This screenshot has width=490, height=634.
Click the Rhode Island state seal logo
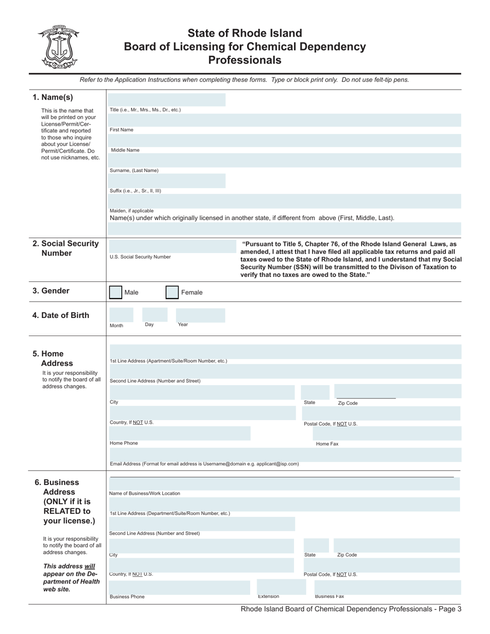(57, 47)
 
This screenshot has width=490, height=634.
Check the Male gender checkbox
(116, 293)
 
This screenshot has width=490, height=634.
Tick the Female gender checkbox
(172, 293)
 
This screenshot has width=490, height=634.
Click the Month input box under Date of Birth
(121, 315)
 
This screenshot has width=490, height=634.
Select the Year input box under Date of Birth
(200, 315)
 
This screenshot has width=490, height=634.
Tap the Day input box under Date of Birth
(155, 314)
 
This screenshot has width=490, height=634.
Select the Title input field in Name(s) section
(167, 100)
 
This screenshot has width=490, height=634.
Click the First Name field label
(121, 130)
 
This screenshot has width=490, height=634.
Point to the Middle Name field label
(125, 151)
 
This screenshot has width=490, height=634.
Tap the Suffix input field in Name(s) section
(167, 180)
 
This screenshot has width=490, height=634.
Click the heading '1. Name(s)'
(53, 97)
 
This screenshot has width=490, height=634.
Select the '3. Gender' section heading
(51, 291)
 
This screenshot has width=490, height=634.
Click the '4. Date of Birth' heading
(60, 315)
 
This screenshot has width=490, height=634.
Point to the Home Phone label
(124, 443)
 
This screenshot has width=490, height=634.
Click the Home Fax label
(327, 444)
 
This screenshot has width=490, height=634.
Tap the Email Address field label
(204, 464)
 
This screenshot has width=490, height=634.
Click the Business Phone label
(127, 597)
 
